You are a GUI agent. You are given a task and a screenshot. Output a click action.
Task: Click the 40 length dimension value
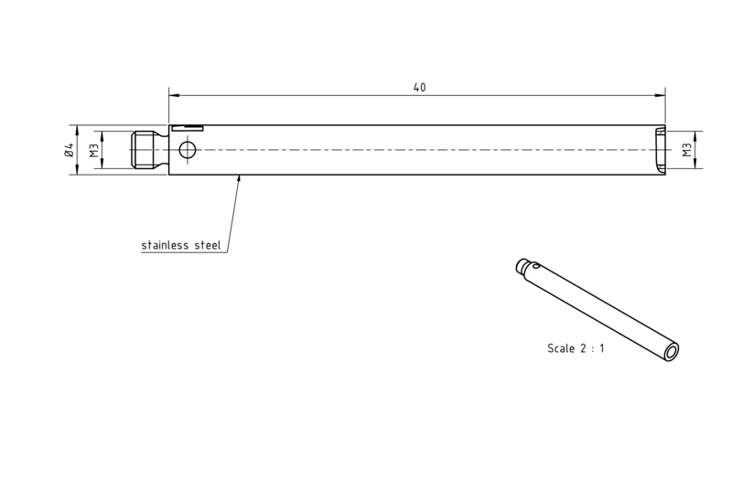click(x=419, y=87)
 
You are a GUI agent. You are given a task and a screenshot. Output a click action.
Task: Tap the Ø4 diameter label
click(x=70, y=150)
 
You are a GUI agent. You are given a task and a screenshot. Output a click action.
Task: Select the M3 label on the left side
click(x=95, y=150)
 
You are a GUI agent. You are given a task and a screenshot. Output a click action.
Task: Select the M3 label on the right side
click(x=687, y=150)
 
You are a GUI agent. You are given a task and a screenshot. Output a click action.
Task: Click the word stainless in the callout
click(x=165, y=245)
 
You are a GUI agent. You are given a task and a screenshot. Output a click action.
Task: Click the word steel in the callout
click(x=208, y=245)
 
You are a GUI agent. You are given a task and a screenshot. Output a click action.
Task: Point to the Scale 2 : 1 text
click(x=576, y=348)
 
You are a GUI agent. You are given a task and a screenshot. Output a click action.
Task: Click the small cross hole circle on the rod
click(x=188, y=150)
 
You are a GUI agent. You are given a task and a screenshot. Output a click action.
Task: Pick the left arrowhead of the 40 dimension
click(x=174, y=96)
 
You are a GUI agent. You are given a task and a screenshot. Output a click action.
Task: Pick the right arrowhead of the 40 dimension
click(x=660, y=96)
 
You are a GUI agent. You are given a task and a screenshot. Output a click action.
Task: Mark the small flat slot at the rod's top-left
click(x=187, y=128)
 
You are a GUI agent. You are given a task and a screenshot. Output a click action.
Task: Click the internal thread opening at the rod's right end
click(x=660, y=150)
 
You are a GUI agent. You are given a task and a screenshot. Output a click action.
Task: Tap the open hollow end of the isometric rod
click(x=672, y=352)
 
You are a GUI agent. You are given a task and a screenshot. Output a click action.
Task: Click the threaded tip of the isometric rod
click(x=522, y=265)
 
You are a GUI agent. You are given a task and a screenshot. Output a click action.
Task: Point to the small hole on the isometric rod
click(x=537, y=267)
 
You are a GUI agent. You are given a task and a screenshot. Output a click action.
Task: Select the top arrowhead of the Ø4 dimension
click(x=78, y=130)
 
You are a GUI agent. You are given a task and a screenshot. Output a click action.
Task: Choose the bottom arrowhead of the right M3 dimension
click(x=695, y=164)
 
